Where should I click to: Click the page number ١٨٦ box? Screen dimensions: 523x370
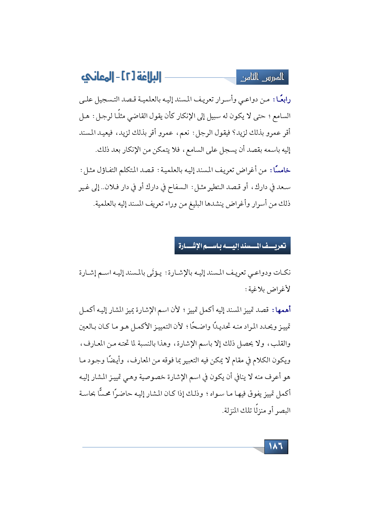point(276,446)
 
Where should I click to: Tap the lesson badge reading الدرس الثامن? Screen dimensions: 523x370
point(262,78)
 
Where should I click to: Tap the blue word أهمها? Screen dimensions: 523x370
point(282,310)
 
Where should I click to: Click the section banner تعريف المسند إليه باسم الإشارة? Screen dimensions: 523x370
point(232,246)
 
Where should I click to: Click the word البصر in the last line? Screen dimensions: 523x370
point(284,411)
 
